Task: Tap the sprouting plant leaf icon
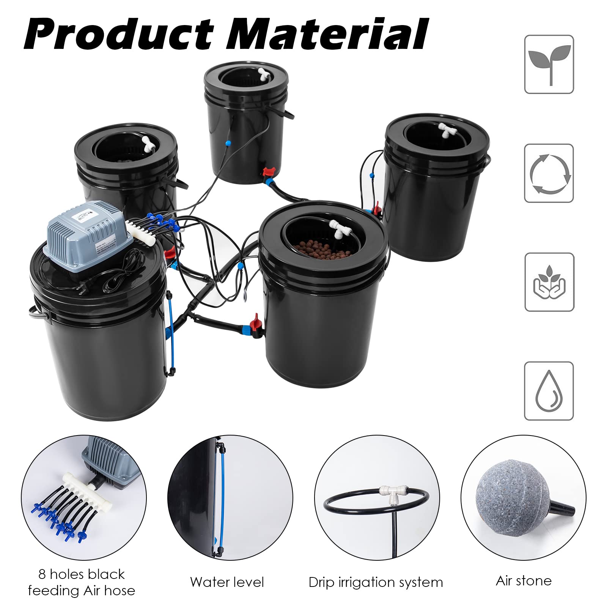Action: (x=549, y=64)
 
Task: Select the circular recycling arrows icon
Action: (x=549, y=173)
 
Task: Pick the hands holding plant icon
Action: (x=549, y=282)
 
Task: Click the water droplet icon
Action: (x=549, y=391)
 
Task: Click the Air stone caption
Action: (x=524, y=580)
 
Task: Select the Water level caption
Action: (x=227, y=582)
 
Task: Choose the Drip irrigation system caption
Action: (x=376, y=582)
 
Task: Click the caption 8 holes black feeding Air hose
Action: (x=81, y=582)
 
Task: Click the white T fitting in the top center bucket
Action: (x=263, y=73)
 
